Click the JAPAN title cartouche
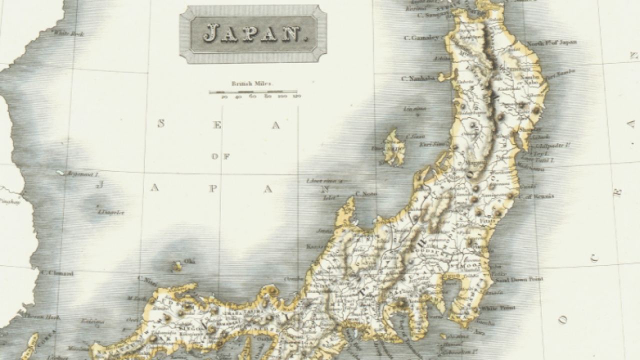point(253,34)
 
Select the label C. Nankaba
point(419,78)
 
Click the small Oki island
point(177,266)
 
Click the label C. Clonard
point(57,273)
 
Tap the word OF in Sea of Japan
point(220,156)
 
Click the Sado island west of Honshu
point(394,147)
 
